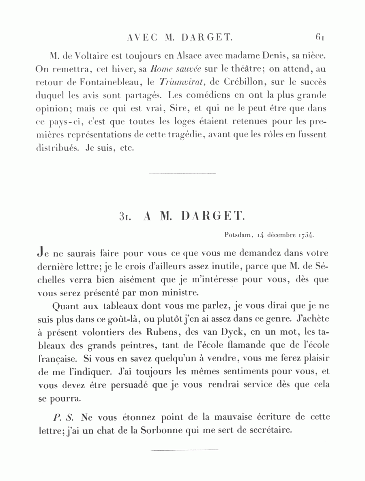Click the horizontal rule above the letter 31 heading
click(182, 173)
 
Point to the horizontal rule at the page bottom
click(185, 449)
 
